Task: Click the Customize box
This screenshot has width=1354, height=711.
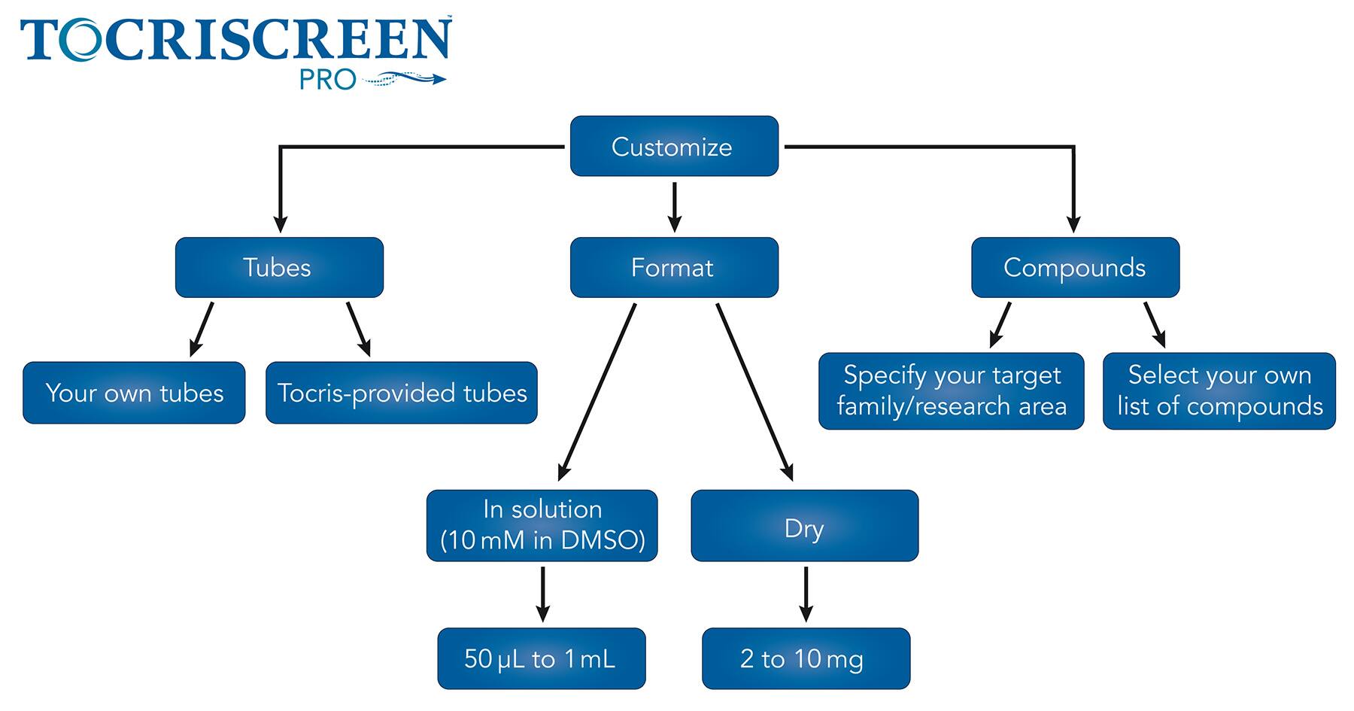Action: tap(674, 146)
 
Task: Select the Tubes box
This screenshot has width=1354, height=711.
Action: tap(279, 267)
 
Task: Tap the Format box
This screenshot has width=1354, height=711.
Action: tap(674, 267)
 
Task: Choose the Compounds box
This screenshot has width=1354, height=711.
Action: tap(1075, 267)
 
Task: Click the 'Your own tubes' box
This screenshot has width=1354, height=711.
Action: tap(134, 393)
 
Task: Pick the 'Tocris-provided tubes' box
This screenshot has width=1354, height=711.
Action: tap(402, 393)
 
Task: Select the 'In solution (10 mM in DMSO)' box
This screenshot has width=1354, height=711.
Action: tap(542, 525)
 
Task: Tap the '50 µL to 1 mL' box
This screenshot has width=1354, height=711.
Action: tap(542, 658)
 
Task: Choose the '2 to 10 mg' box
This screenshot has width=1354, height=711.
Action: tap(806, 658)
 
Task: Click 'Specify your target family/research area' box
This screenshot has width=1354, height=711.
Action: tap(951, 390)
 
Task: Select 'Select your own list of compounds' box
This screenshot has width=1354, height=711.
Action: tap(1219, 390)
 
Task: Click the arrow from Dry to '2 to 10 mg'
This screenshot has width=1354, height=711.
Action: tap(806, 594)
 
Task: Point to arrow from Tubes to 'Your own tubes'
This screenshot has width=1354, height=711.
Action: tap(202, 329)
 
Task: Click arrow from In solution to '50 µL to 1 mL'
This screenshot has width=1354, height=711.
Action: tap(542, 594)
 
